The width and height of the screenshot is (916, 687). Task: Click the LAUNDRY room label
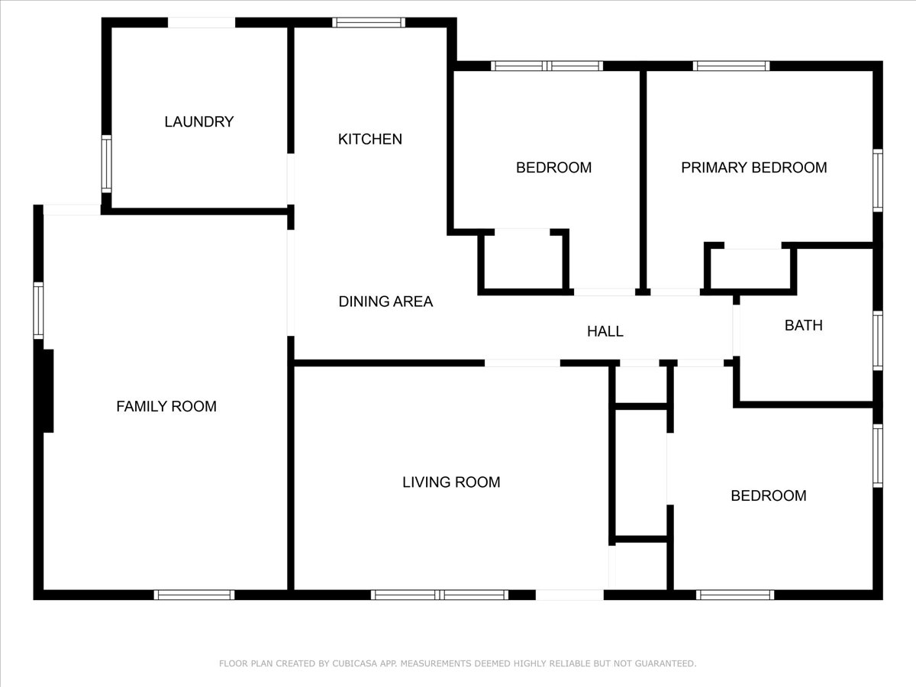point(198,121)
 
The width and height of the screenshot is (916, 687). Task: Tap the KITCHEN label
point(369,139)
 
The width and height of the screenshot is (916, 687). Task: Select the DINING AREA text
point(385,302)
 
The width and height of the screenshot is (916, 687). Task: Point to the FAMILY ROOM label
point(166,406)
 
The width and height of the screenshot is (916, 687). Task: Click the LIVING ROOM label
point(451,482)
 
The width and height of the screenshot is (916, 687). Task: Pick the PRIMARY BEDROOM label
point(753,167)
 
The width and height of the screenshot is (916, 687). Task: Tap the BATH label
point(803,325)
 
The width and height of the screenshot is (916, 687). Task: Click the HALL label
point(605,331)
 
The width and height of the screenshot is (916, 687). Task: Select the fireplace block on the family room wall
point(48,391)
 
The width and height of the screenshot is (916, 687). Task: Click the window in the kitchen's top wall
point(369,23)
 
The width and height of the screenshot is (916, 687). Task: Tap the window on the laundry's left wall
point(107,163)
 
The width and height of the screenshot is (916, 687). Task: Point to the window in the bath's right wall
point(878,340)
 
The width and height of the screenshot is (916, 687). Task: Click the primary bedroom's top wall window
point(731,66)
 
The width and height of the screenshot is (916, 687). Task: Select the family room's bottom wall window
point(194,595)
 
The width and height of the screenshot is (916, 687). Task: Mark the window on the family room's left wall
point(38,310)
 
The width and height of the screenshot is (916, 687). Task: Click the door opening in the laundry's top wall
point(201,23)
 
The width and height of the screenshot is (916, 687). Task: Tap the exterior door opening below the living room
point(569,595)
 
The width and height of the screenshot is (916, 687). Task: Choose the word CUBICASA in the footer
point(355,664)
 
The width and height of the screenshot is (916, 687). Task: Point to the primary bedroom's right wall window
point(878,180)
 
